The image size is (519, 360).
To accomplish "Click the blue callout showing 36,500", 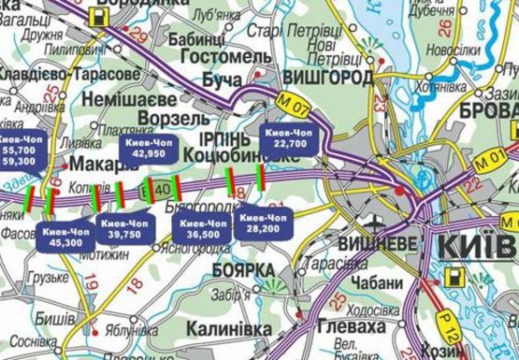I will (204, 227).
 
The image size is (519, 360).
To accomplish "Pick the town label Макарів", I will (113, 164).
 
